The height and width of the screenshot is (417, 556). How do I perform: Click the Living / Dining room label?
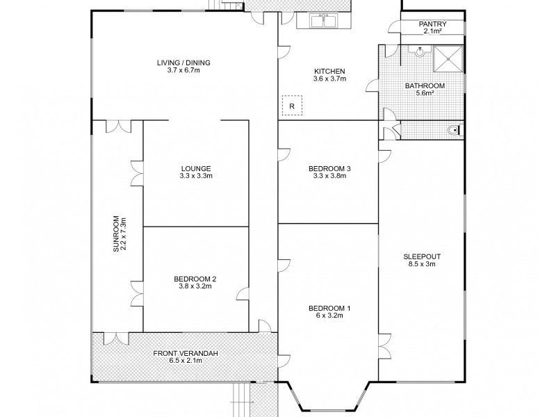pyautogui.click(x=183, y=63)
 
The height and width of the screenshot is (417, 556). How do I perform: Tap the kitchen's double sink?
pyautogui.click(x=324, y=21)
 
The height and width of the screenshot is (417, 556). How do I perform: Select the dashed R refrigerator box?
pyautogui.click(x=292, y=106)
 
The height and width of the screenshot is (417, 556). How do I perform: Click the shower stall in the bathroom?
pyautogui.click(x=448, y=58)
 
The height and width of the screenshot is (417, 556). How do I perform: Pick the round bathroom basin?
pyautogui.click(x=420, y=51)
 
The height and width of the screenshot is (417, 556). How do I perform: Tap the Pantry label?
pyautogui.click(x=432, y=24)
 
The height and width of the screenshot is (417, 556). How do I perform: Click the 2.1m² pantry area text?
pyautogui.click(x=432, y=31)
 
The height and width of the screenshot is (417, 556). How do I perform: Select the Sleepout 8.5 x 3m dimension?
pyautogui.click(x=422, y=264)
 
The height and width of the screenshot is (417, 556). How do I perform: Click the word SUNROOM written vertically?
pyautogui.click(x=116, y=234)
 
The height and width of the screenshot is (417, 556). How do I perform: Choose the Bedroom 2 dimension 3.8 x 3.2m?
pyautogui.click(x=195, y=286)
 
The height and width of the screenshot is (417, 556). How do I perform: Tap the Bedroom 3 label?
pyautogui.click(x=329, y=168)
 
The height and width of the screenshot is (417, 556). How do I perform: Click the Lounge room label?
pyautogui.click(x=196, y=168)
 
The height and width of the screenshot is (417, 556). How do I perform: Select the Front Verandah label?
pyautogui.click(x=186, y=354)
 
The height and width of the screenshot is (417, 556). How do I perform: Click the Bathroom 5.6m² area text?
pyautogui.click(x=425, y=93)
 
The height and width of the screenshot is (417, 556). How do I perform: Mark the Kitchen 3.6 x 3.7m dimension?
pyautogui.click(x=329, y=79)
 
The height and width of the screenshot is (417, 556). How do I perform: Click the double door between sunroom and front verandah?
pyautogui.click(x=116, y=338)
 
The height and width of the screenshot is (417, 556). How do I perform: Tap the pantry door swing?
pyautogui.click(x=394, y=27)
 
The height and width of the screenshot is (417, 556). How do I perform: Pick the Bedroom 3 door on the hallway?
pyautogui.click(x=284, y=154)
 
